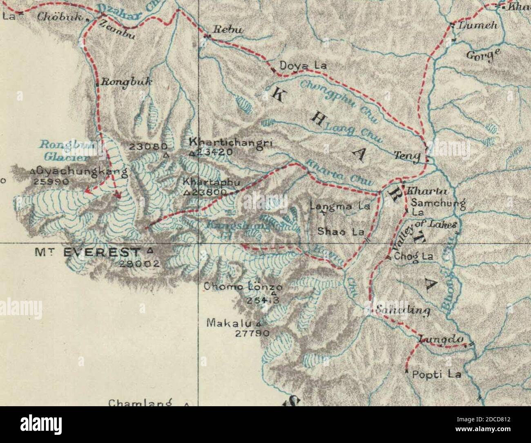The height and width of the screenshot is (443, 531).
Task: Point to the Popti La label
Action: [436, 374]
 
